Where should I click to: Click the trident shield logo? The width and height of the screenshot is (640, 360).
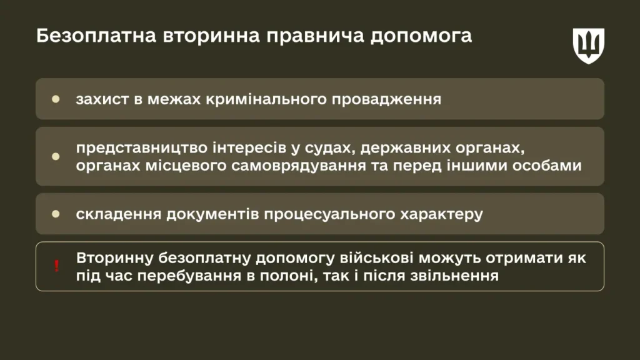[588, 46]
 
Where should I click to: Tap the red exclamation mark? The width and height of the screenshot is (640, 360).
[57, 266]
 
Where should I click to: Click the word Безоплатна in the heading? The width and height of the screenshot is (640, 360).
[96, 36]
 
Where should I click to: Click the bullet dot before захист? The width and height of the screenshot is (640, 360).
[56, 99]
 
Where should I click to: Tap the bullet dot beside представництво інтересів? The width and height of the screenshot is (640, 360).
[56, 156]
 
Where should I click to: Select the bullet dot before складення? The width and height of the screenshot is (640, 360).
[56, 214]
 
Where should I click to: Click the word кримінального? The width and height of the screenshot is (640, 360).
[266, 100]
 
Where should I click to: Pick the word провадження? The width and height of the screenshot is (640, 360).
[386, 100]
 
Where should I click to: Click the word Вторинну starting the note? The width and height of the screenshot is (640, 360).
[115, 259]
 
